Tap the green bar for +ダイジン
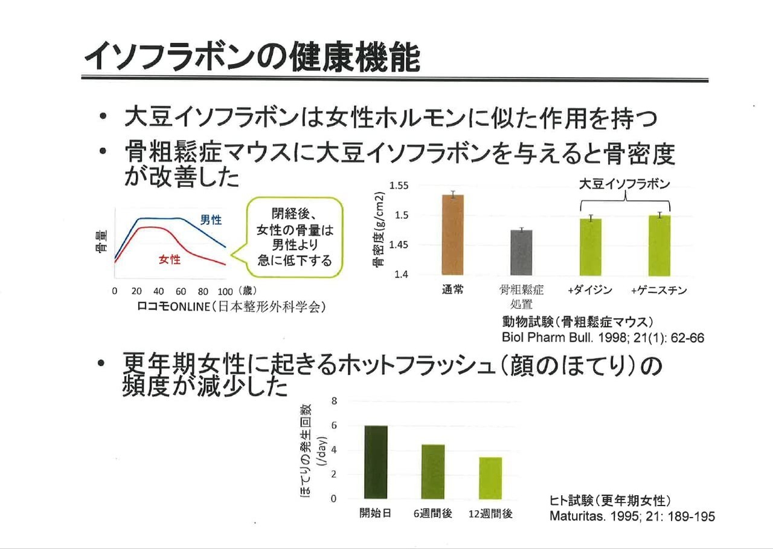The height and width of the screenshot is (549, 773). coord(590,246)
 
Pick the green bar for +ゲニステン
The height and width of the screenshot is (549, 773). coord(659,245)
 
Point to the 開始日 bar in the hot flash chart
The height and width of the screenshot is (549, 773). coord(376,462)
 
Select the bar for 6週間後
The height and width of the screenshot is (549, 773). coord(433,472)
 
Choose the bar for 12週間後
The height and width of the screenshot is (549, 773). coord(490,478)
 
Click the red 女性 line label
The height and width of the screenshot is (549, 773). coord(170,260)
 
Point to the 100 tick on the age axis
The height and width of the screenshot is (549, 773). coord(225,291)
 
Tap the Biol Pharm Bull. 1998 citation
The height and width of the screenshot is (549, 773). coord(603,338)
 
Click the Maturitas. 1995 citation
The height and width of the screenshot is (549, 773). coord(632,517)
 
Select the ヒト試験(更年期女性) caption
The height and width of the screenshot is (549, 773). coord(611,501)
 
